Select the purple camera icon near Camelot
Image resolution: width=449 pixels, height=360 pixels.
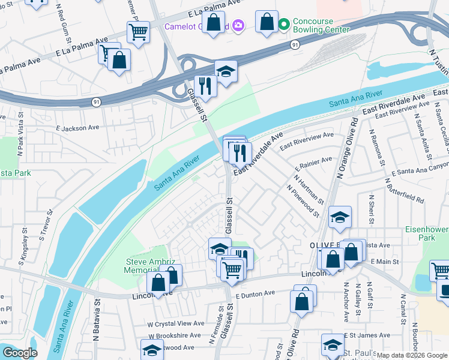[238, 25]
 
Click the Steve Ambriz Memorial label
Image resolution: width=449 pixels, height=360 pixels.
[149, 266]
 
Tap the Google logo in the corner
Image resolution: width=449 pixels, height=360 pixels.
[20, 353]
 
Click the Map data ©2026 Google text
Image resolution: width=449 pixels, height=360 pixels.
[412, 355]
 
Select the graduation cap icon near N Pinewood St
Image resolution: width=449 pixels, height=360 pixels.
[340, 218]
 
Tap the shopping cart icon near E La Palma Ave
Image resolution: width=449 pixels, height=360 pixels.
[138, 31]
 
